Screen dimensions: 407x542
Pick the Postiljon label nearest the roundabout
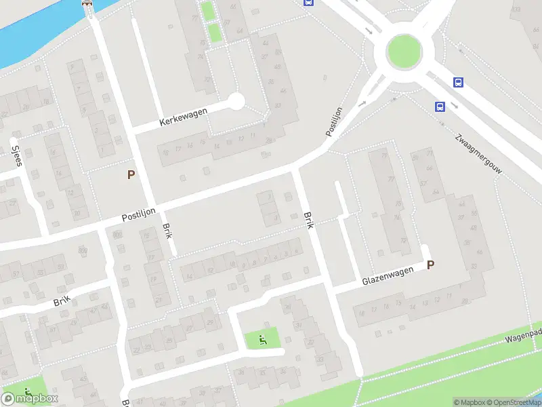tap(333, 121)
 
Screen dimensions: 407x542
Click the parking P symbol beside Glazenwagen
tap(430, 265)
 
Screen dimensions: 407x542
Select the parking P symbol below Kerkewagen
tap(131, 174)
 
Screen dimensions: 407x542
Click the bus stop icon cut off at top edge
tap(308, 2)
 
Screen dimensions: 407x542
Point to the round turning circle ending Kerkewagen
tap(235, 102)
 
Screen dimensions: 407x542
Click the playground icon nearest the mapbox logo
tap(28, 392)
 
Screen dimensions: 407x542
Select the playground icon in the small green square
tap(262, 338)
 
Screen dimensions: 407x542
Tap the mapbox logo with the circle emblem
tap(30, 399)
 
